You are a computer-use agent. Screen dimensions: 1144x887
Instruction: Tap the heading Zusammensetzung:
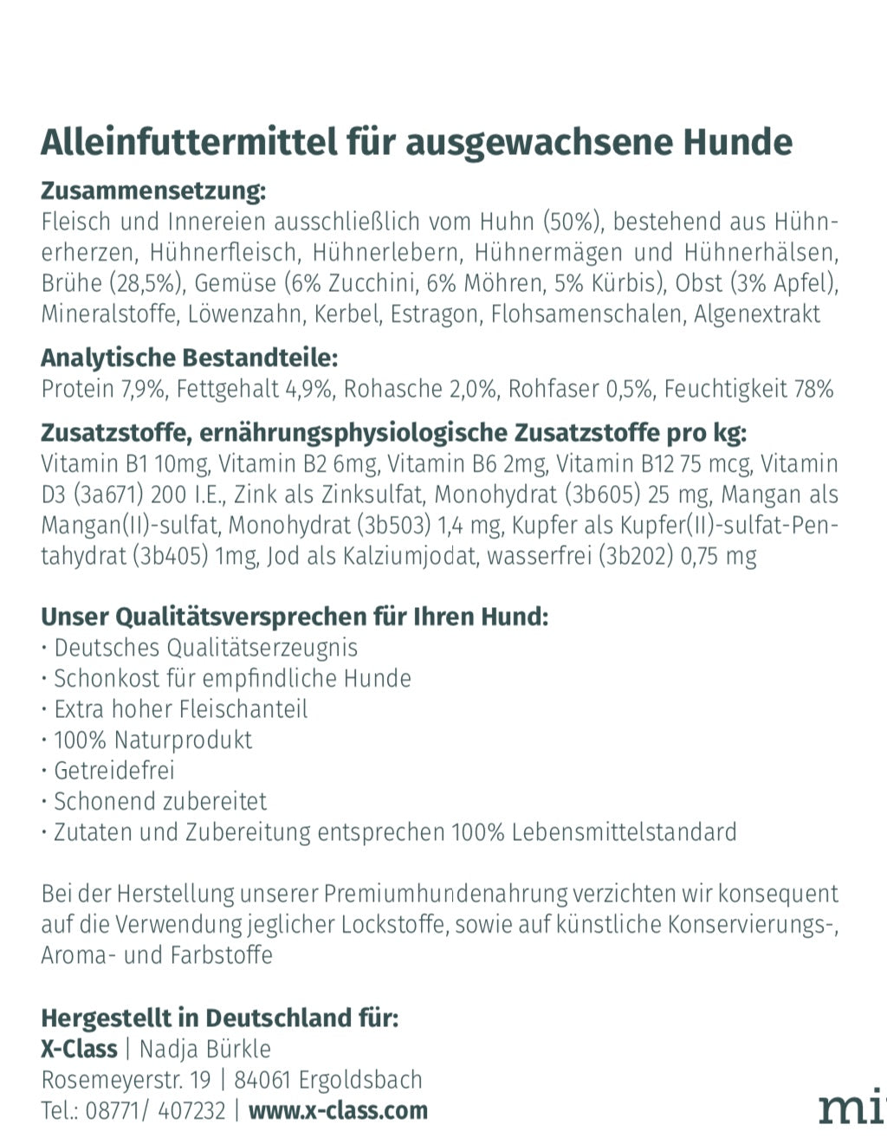pos(153,191)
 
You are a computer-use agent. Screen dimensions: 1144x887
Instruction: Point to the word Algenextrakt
pos(756,313)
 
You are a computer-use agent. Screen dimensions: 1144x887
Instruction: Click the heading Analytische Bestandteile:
pos(189,358)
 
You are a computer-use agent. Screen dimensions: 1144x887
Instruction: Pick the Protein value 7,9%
pos(144,389)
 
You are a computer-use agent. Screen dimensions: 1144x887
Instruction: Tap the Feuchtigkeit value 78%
pos(814,389)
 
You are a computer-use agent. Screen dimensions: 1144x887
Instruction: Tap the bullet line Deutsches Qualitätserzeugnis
pos(205,648)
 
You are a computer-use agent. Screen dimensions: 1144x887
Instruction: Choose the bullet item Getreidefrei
pos(113,771)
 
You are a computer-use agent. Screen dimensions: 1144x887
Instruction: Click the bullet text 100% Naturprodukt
pos(152,740)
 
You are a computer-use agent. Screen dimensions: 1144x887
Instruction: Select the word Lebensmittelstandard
pos(624,832)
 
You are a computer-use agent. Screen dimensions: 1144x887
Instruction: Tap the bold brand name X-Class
pos(79,1049)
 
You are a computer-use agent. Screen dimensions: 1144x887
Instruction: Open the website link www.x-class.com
pos(338,1110)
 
